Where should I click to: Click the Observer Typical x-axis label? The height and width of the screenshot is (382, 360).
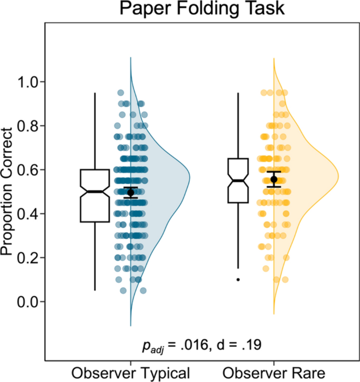[131, 373]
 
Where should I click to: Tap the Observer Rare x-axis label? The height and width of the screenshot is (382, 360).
[274, 373]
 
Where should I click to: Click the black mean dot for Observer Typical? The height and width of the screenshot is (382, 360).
[131, 193]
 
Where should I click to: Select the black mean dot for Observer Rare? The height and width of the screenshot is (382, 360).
[274, 179]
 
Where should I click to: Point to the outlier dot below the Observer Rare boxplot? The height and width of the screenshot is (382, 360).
[238, 280]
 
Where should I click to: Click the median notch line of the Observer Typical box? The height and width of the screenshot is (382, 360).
[95, 192]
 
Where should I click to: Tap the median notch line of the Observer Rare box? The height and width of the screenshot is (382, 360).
[238, 180]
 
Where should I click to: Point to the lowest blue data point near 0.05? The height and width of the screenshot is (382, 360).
[143, 290]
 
